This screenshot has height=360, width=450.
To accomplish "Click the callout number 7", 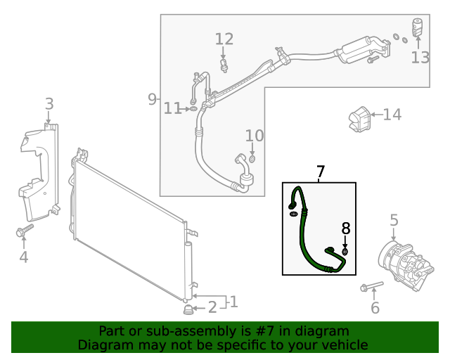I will click(x=321, y=172).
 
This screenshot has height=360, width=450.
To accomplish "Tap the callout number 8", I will click(x=345, y=228).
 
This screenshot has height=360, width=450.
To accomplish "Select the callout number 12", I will click(x=224, y=39).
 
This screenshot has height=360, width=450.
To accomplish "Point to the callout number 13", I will click(x=420, y=57).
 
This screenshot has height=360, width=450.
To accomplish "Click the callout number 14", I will click(x=392, y=114).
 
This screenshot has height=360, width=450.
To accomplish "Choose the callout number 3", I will click(x=49, y=105).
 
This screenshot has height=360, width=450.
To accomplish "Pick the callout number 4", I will click(x=23, y=257).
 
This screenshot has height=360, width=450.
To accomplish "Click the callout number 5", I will click(x=394, y=220).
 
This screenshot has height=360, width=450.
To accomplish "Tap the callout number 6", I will click(x=375, y=307).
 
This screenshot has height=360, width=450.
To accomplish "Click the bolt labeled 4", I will click(x=23, y=231).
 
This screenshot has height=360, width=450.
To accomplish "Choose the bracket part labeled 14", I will click(x=359, y=118).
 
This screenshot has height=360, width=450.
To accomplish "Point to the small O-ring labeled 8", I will click(x=345, y=251).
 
